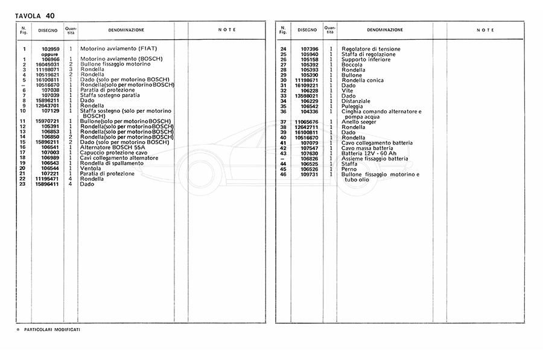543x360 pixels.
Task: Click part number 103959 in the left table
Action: point(51,49)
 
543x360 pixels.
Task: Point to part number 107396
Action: point(309,49)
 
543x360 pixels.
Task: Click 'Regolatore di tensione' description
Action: point(370,49)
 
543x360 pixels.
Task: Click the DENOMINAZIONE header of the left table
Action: point(125,30)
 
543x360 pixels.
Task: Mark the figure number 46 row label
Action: point(283,174)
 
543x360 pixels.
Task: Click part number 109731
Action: point(309,174)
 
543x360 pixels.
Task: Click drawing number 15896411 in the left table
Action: point(48,184)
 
